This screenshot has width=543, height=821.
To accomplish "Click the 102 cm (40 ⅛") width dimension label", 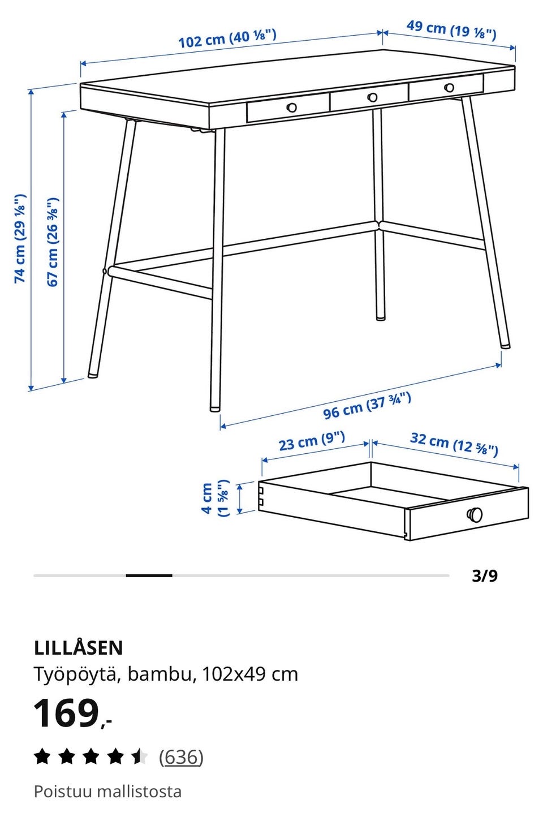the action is click(x=227, y=38).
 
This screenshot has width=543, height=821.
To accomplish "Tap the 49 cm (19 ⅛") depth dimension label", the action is click(x=451, y=30).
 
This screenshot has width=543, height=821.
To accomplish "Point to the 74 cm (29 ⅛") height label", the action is click(x=20, y=238).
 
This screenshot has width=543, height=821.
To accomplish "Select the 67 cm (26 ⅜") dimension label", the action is click(x=53, y=242).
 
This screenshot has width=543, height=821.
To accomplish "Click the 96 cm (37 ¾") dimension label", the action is click(x=367, y=405).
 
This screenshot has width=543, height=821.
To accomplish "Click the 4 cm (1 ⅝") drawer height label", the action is click(x=216, y=498).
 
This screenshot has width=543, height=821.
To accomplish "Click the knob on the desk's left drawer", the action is click(x=292, y=108).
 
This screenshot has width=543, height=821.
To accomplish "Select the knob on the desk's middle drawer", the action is click(x=372, y=97).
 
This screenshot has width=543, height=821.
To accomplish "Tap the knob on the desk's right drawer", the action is click(x=449, y=88).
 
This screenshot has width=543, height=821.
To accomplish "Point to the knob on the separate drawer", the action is click(x=475, y=514).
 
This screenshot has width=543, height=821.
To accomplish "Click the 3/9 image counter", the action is click(x=485, y=576).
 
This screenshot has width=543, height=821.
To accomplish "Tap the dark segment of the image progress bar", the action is click(x=149, y=576).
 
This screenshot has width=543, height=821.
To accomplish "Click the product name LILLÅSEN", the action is click(x=79, y=648).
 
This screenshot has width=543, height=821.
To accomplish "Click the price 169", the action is click(x=66, y=713).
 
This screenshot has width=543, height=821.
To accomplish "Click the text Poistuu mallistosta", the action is click(x=107, y=792).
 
